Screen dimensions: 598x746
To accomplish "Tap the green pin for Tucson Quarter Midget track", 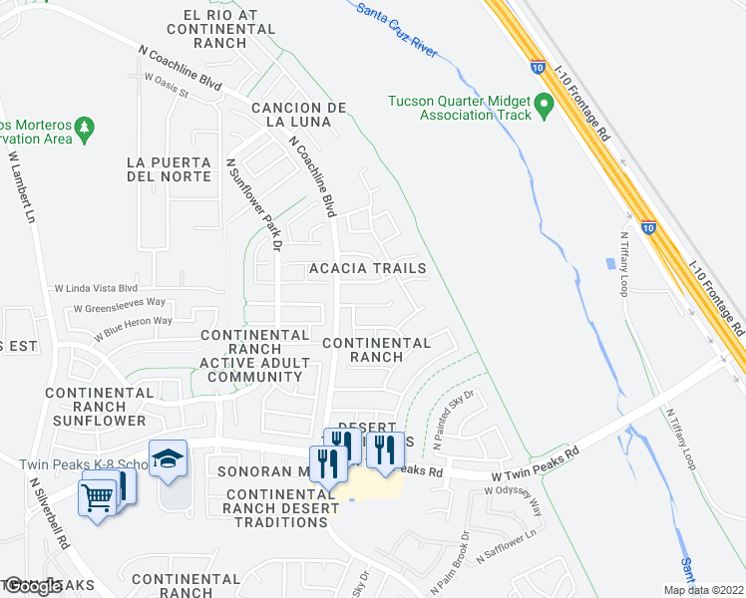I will [544, 105].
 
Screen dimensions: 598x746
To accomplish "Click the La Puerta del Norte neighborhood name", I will [170, 169].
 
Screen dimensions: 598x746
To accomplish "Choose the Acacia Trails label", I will [367, 269].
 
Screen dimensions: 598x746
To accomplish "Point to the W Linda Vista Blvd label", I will [97, 287].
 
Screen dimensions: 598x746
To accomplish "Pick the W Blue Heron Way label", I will [134, 326].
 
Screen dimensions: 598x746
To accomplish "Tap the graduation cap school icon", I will [168, 457].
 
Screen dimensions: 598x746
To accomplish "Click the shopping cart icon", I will [98, 495].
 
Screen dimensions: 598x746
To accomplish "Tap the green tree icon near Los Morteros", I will [86, 128].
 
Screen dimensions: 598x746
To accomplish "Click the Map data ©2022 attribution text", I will [703, 590].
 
